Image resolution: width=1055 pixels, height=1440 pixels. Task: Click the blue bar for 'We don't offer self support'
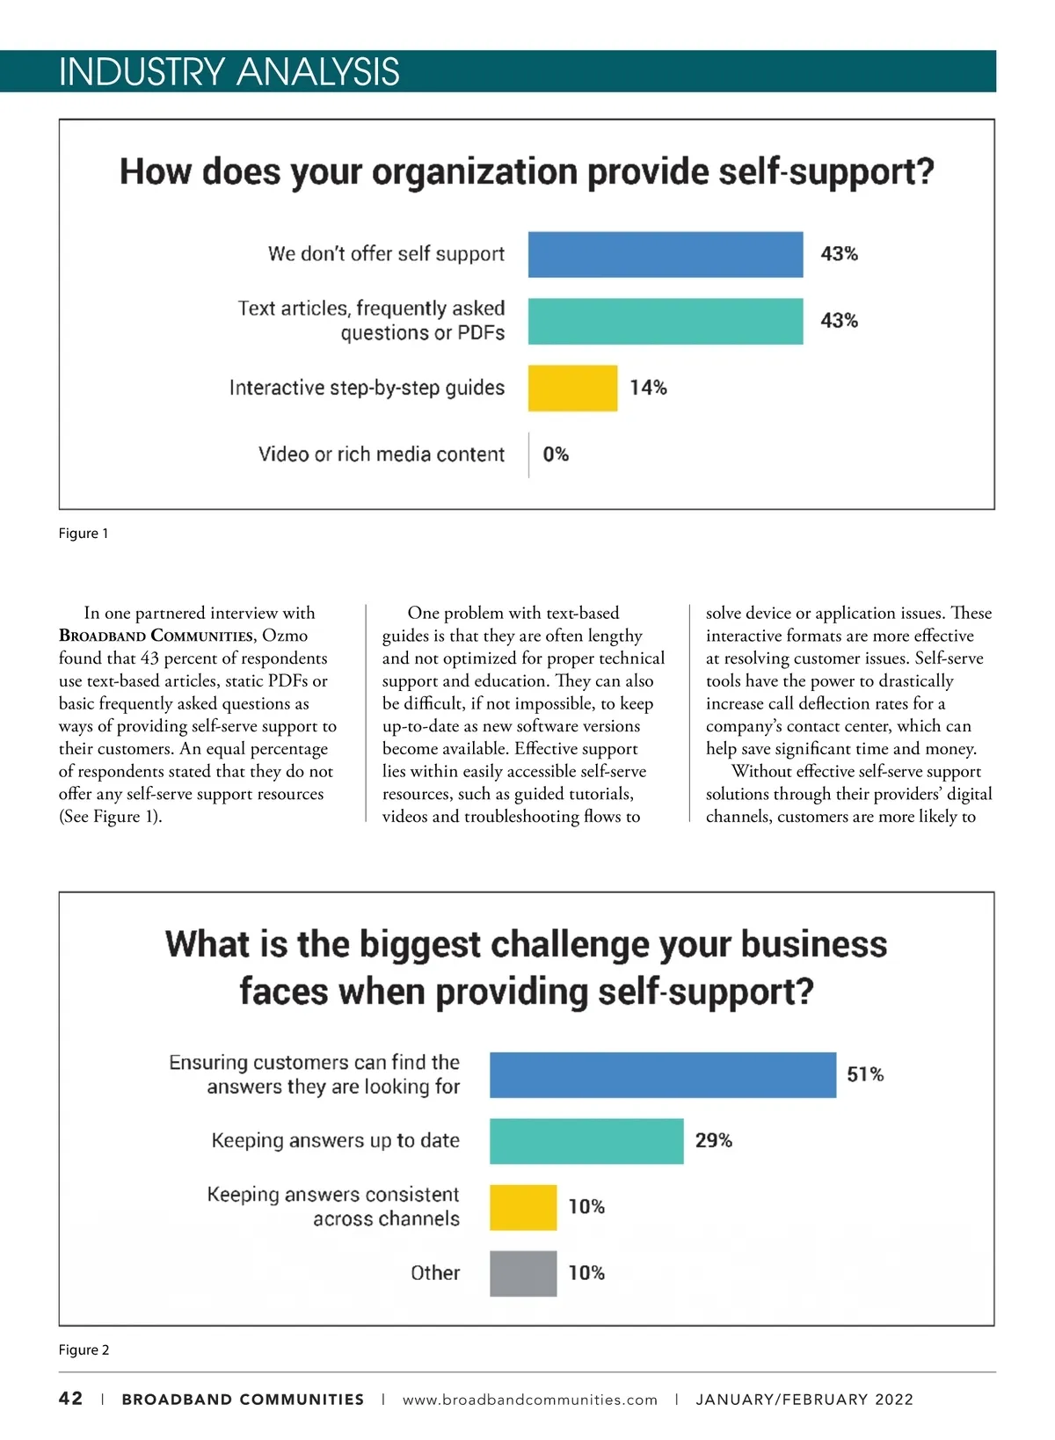(665, 255)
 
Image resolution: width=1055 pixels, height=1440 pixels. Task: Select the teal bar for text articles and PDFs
(665, 321)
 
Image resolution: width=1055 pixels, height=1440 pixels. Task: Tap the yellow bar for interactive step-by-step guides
(572, 388)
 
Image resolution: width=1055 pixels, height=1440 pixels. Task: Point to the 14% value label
(648, 388)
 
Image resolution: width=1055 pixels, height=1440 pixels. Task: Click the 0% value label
(556, 455)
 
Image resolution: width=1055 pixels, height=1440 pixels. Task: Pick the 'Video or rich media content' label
(382, 455)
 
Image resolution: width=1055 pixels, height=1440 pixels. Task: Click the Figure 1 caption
(84, 534)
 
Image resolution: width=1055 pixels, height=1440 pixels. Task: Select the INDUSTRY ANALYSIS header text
(229, 72)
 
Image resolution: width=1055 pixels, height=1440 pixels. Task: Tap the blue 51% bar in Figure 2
(662, 1074)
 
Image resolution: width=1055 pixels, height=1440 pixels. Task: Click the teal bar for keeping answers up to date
(586, 1141)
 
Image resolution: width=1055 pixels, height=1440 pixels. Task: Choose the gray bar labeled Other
(523, 1273)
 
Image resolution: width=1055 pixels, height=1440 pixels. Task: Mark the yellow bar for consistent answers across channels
(523, 1207)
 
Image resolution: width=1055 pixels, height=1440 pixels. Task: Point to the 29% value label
(713, 1141)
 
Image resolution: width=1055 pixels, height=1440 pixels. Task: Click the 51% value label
(865, 1074)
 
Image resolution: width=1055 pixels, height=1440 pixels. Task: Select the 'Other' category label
(435, 1273)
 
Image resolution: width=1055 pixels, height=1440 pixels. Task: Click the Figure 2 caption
(84, 1350)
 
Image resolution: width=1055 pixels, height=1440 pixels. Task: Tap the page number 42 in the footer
(71, 1399)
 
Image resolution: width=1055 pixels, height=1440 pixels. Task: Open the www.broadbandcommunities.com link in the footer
(529, 1400)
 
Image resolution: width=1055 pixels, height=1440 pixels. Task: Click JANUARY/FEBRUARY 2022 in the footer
(804, 1400)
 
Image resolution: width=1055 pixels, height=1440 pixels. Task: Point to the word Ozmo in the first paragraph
(285, 636)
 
